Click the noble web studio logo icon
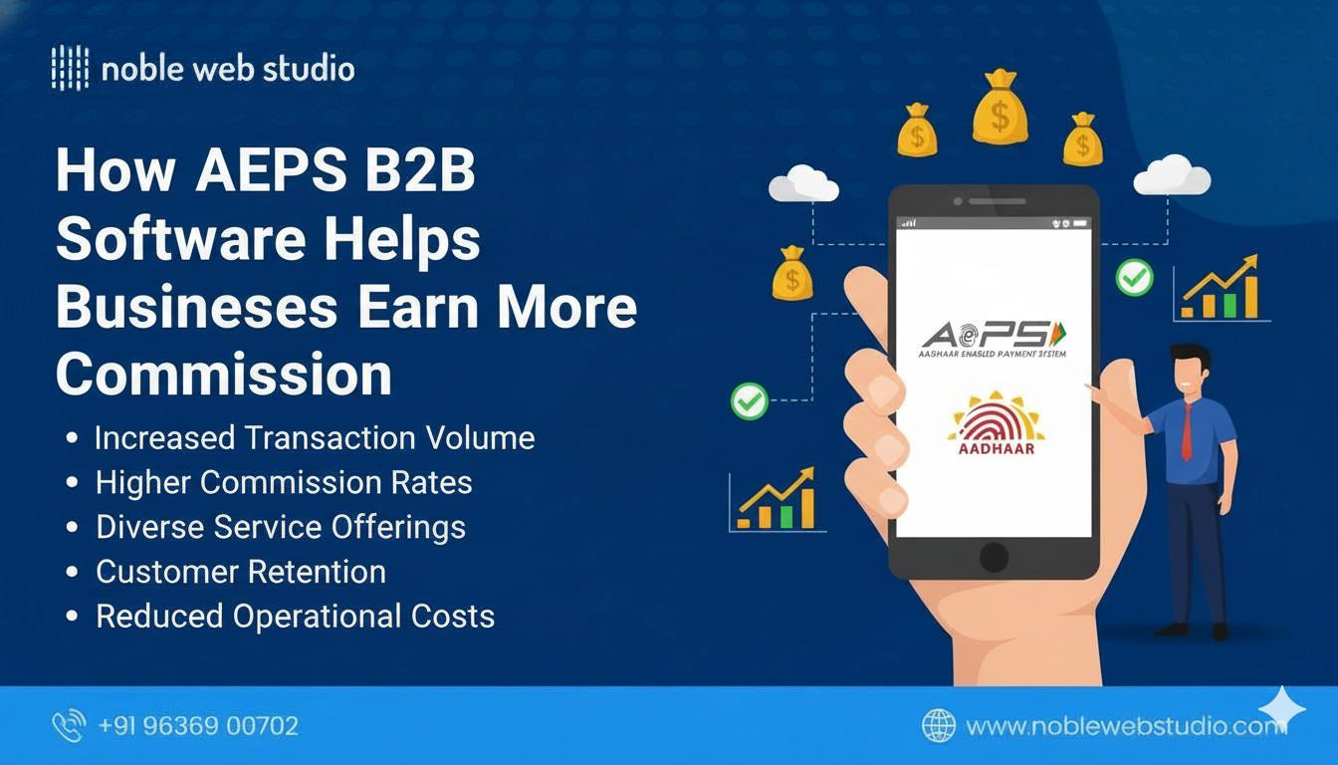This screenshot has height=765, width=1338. (69, 69)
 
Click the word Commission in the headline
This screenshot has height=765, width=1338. (223, 375)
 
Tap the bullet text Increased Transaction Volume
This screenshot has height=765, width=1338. (315, 438)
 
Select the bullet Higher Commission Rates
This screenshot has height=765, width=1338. (284, 483)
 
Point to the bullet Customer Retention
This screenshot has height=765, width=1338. (241, 572)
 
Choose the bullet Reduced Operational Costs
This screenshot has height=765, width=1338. (295, 617)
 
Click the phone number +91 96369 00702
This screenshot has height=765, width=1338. (199, 726)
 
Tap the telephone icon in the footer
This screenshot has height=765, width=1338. (69, 726)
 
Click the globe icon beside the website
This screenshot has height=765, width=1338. (939, 726)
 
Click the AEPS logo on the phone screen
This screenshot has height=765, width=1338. (993, 336)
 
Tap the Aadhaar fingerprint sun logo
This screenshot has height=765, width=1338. (996, 423)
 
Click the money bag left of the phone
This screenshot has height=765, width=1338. (792, 274)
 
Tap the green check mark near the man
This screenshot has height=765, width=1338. (1134, 277)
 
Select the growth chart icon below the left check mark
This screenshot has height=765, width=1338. (776, 500)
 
